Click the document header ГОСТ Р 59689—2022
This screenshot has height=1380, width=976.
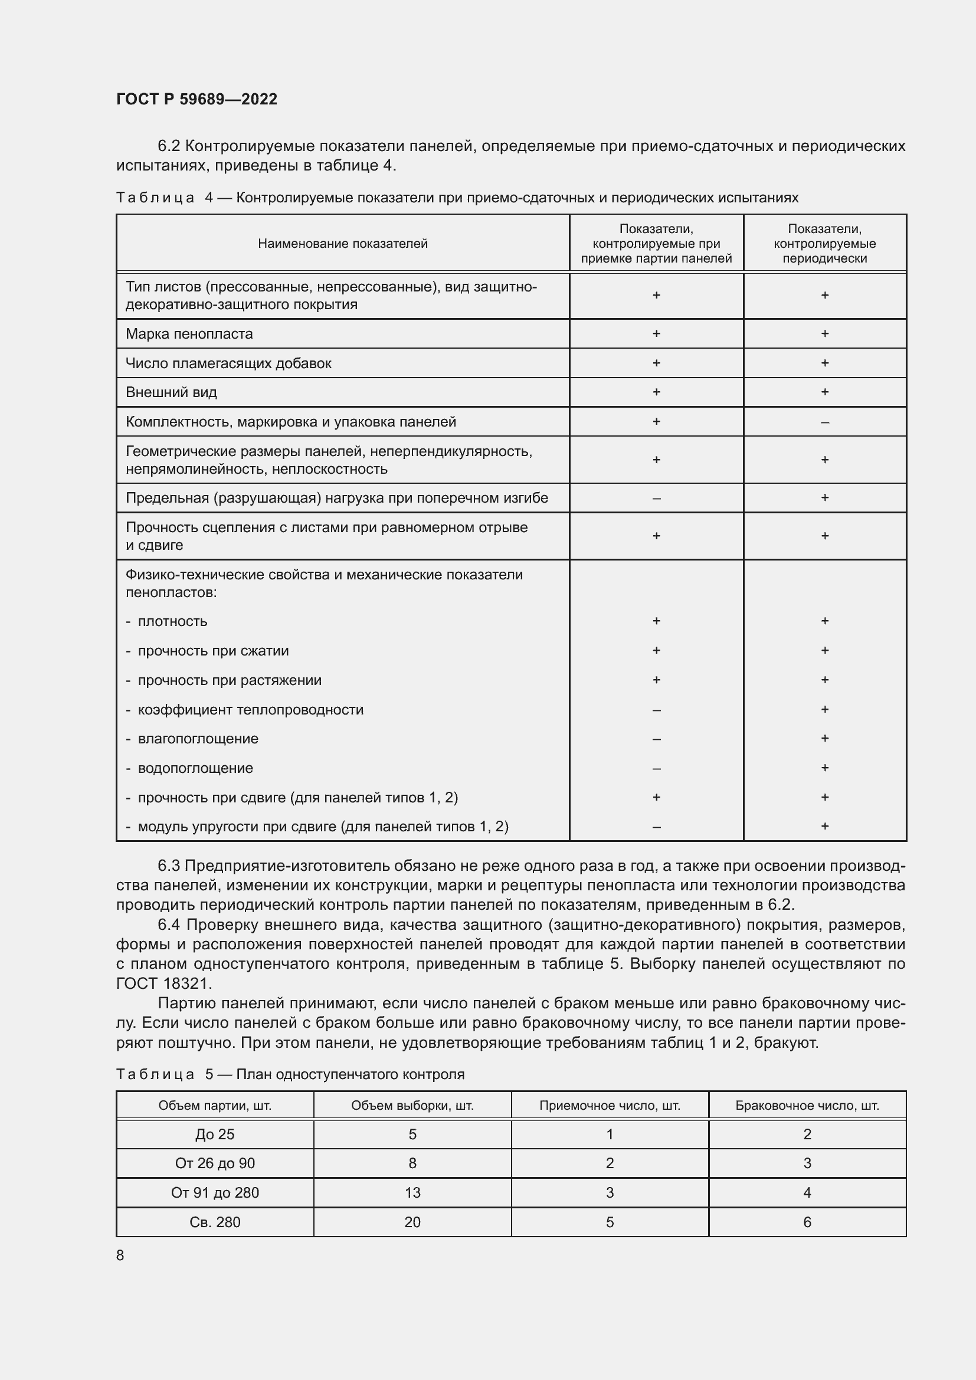pos(196,99)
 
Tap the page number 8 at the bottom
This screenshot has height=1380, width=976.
pos(120,1255)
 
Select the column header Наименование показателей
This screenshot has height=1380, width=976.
pos(343,244)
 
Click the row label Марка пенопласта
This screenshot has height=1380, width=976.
pos(189,333)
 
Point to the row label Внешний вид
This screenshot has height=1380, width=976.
pos(171,392)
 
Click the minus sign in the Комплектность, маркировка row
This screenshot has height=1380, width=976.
pos(824,422)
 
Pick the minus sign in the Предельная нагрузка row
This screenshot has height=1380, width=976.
pos(656,499)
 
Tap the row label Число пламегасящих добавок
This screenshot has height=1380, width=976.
pos(228,363)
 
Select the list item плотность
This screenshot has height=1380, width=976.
pos(172,621)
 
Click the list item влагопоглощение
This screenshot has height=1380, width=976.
pos(198,739)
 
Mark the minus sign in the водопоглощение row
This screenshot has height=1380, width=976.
pos(656,769)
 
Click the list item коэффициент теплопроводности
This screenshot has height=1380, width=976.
pos(251,709)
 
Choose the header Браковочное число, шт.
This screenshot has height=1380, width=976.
pos(807,1105)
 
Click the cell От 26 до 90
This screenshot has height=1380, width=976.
pos(215,1163)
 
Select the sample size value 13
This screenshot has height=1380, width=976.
pos(412,1192)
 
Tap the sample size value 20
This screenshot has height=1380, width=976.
pos(412,1222)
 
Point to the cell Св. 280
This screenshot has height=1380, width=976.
pos(215,1222)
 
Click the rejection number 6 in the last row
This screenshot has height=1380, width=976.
pos(807,1222)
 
